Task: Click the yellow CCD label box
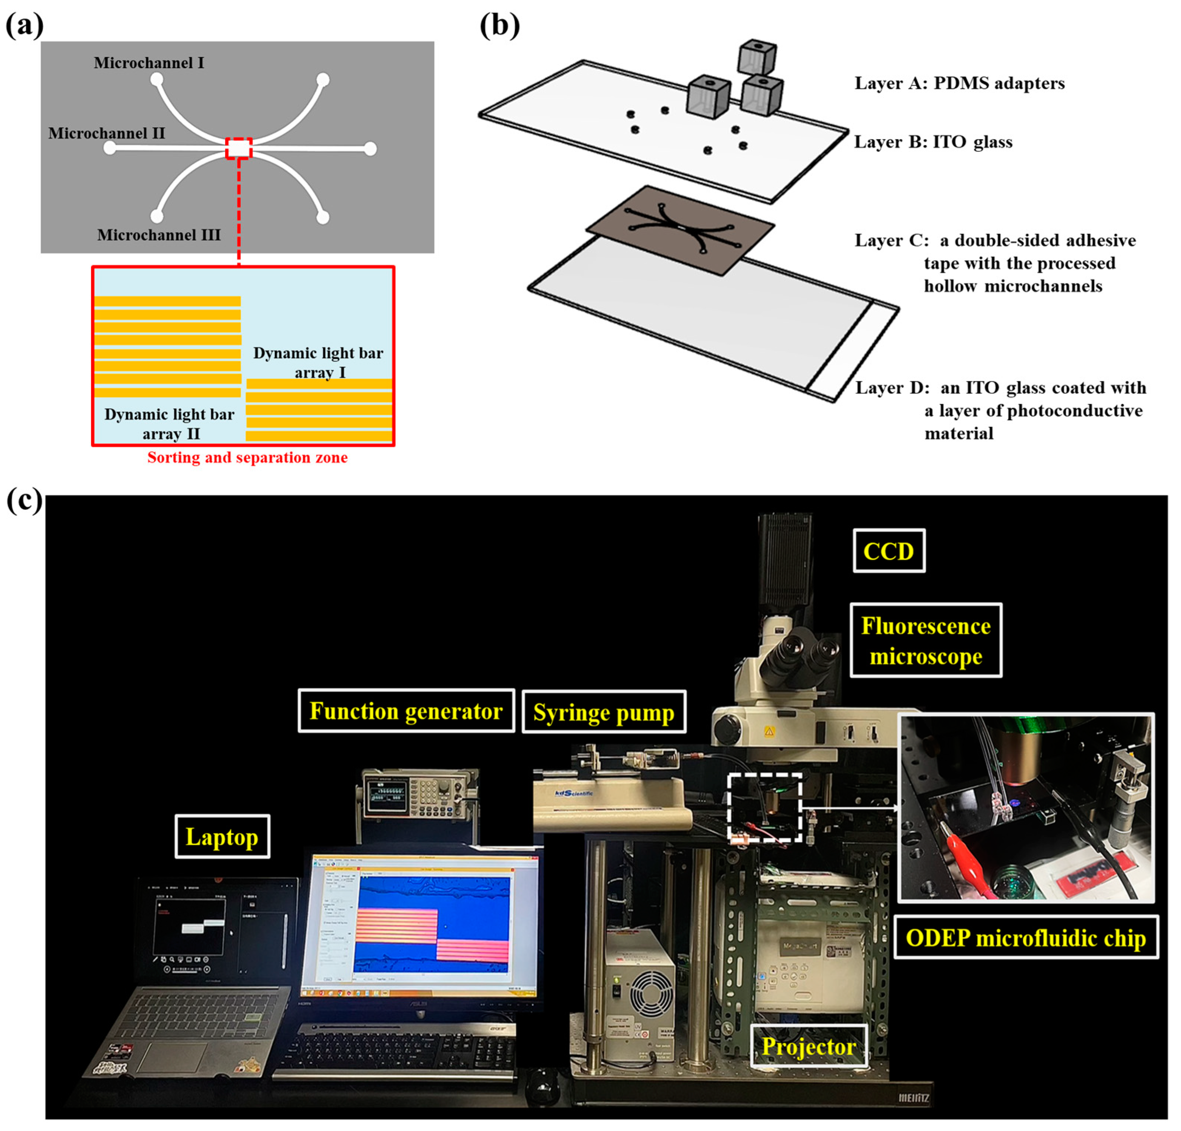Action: coord(889,551)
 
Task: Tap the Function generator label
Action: coord(406,711)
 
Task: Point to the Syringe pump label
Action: coord(604,712)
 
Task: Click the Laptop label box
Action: coord(222,837)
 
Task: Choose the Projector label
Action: coord(808,1047)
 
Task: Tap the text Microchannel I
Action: coord(149,63)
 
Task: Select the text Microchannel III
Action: coord(159,235)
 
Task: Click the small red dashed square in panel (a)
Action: coord(238,148)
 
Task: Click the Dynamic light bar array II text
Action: coord(169,424)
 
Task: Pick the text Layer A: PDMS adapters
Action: coord(959,83)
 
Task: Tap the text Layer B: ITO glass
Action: coord(933,142)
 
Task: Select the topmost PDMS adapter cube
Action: coord(757,58)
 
